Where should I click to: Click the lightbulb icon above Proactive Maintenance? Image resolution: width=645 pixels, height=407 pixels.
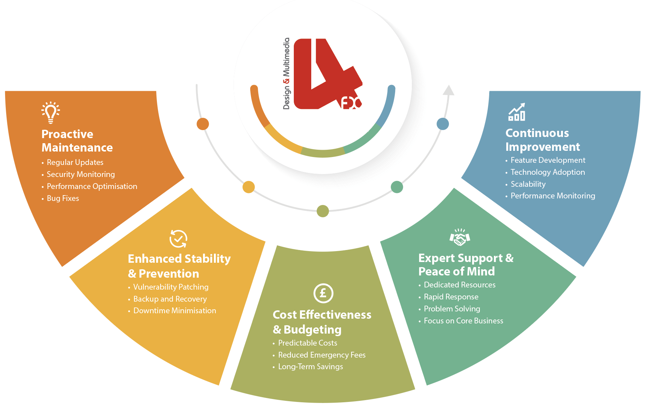51,112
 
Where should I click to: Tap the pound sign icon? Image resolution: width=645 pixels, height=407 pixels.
323,293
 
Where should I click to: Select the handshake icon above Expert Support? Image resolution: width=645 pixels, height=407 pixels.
460,237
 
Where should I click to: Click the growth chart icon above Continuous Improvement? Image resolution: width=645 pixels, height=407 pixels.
517,112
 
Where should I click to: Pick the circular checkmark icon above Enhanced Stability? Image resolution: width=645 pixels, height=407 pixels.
178,239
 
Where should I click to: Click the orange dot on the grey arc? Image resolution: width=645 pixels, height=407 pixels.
203,124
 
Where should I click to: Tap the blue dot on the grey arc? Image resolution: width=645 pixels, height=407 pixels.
442,124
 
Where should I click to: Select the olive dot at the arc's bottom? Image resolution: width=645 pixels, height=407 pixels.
322,211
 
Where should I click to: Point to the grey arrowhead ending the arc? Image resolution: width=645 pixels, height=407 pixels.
449,90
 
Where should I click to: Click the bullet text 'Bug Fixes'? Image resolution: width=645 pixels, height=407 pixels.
63,198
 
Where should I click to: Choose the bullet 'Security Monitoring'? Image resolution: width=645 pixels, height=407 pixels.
81,174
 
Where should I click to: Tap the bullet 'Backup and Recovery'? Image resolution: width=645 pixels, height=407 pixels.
170,299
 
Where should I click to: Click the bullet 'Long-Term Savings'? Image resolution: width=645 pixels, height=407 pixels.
311,367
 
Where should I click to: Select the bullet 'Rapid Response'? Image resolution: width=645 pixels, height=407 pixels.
451,297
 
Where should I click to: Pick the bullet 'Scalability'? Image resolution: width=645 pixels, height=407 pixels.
528,184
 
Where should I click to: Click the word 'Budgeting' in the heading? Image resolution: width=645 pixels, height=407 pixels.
312,330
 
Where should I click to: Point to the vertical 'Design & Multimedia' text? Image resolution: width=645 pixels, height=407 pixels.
287,74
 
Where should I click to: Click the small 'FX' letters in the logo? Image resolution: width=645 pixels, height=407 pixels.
351,103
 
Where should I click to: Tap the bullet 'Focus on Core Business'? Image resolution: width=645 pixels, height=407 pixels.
463,321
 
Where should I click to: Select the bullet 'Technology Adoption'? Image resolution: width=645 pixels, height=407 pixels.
548,172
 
